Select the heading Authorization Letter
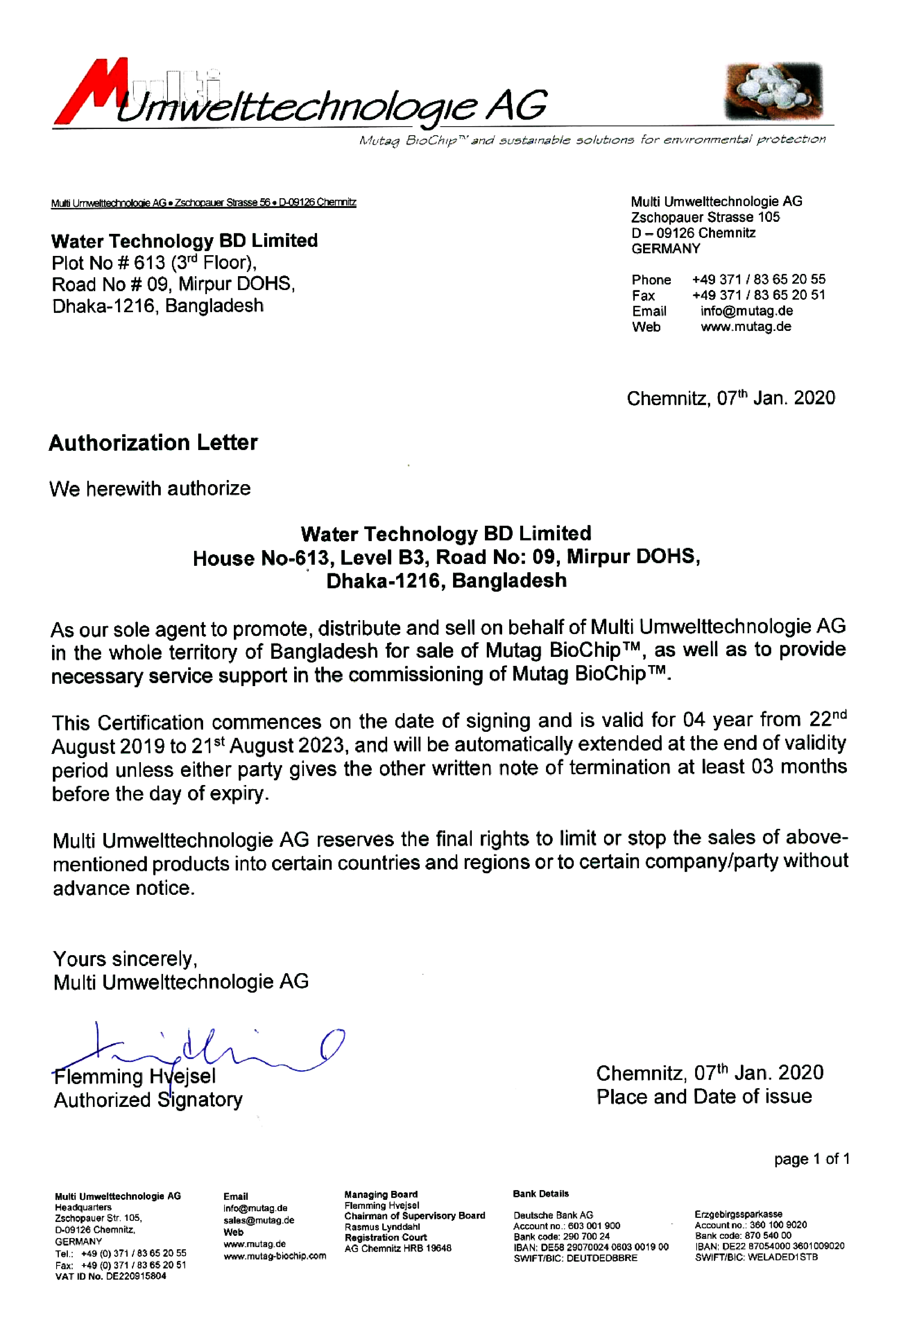153,443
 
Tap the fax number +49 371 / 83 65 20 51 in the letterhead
758,295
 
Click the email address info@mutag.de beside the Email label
746,311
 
